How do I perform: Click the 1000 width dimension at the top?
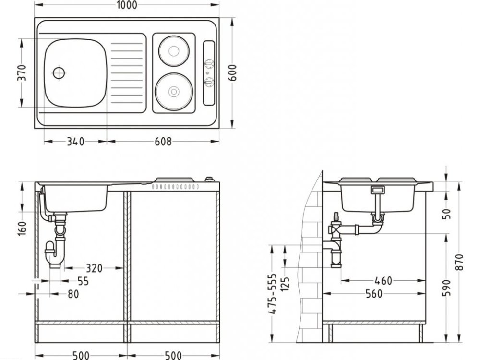tap(126, 5)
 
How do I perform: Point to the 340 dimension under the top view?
tap(75, 142)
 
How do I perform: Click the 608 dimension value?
tap(163, 142)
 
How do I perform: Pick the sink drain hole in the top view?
tap(59, 73)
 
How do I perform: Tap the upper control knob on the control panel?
tap(209, 63)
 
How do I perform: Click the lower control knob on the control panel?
tap(209, 83)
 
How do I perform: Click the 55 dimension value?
tap(83, 281)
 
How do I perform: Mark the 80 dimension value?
tap(72, 294)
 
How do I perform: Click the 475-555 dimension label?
tap(272, 294)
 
